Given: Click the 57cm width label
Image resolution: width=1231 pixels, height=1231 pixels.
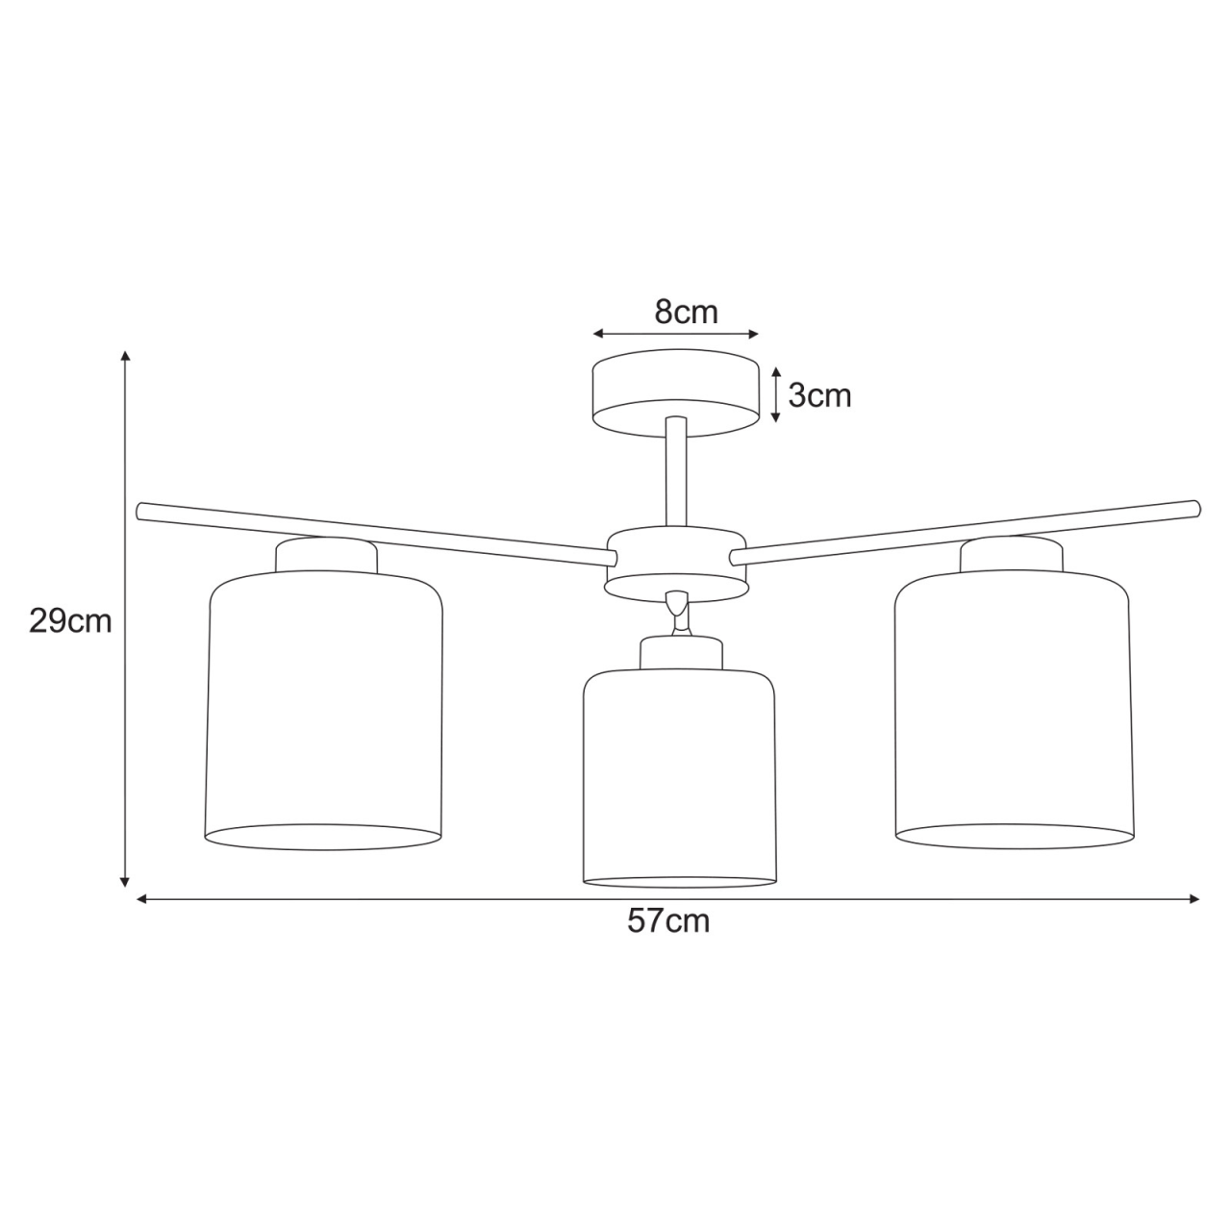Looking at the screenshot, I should (668, 921).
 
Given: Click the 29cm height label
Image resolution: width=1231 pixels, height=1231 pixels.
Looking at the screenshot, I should (70, 621).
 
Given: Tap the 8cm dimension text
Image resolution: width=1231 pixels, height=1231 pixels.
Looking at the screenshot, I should (687, 312).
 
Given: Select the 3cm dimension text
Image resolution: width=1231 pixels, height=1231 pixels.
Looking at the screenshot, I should (819, 395).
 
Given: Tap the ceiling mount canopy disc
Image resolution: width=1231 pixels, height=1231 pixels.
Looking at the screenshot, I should (674, 395).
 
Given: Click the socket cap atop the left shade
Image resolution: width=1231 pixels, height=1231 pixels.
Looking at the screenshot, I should (326, 555).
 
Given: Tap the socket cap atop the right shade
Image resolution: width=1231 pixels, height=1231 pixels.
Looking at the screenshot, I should (1012, 554).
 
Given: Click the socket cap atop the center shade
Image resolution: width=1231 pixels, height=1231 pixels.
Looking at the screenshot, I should (681, 652).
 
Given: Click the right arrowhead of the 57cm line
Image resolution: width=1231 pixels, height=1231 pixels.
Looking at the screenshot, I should (1195, 899).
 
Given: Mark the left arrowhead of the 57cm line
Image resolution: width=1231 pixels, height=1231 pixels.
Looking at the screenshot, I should (141, 899).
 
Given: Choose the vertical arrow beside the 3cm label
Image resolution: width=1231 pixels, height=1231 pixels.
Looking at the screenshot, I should (775, 394).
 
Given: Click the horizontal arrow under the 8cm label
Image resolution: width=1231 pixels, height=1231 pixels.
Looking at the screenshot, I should (676, 334).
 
